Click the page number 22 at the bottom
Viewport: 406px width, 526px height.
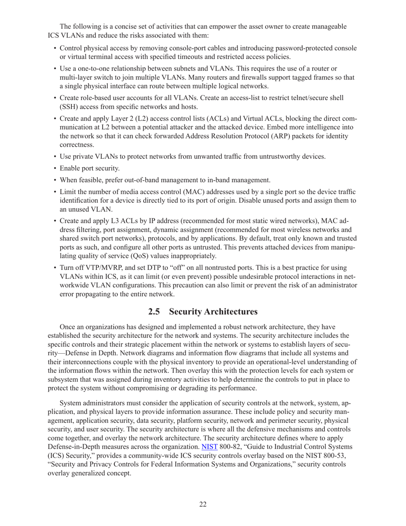point(203,505)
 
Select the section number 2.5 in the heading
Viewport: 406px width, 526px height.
point(156,311)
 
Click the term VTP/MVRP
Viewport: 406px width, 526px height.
point(96,268)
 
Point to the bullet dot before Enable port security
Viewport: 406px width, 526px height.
point(55,168)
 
